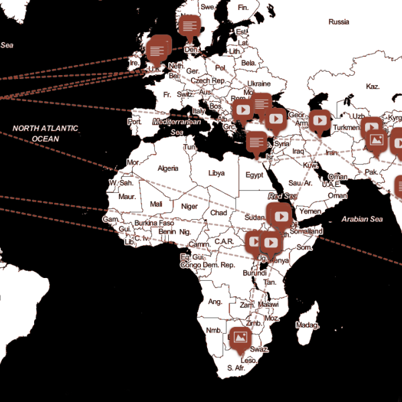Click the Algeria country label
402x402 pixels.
167,169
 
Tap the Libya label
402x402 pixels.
216,173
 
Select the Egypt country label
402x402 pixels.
254,176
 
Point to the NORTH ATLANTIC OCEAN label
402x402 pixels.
46,133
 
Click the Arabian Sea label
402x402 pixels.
361,219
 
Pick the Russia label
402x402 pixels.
339,22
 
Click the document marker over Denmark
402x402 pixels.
190,26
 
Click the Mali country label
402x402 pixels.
156,204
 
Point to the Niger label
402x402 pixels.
190,206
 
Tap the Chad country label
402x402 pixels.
218,212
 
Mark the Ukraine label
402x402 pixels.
259,84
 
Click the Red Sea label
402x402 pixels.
282,196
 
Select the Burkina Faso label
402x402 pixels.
153,222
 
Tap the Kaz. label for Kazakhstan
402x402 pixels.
373,87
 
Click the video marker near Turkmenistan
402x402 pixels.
320,120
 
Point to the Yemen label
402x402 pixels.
310,211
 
